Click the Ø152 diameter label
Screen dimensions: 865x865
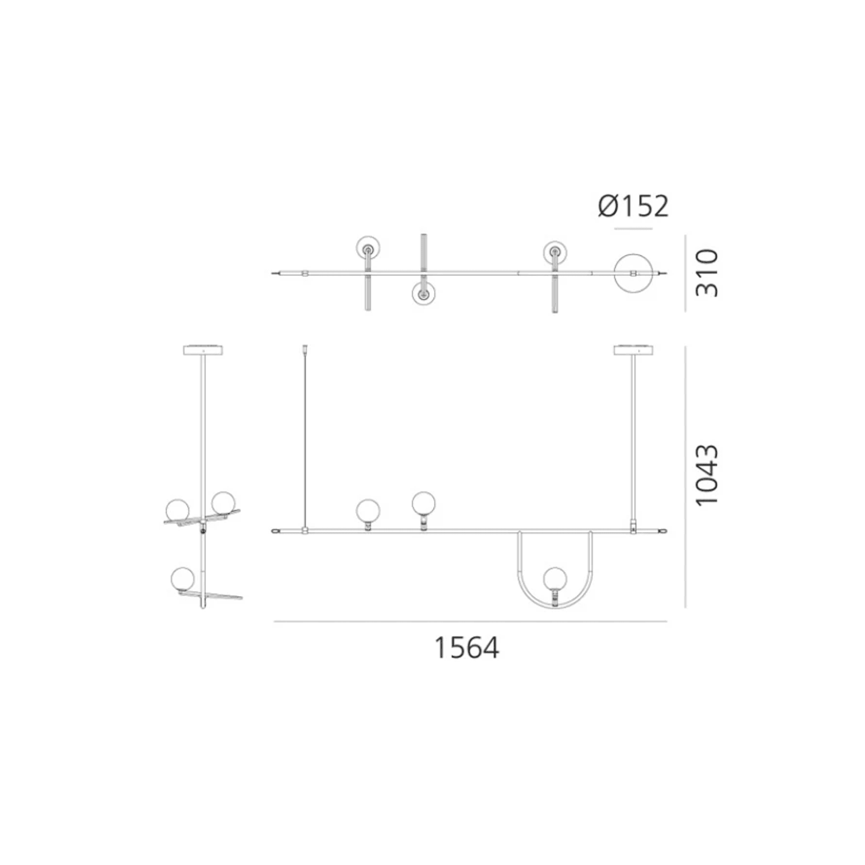coord(633,206)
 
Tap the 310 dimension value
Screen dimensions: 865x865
coord(707,273)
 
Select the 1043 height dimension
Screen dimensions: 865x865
coord(707,475)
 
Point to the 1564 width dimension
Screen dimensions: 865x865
coord(467,648)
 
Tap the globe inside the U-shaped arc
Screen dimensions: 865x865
coord(555,579)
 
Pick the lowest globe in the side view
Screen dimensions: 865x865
coord(183,579)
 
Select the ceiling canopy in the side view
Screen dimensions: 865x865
coord(203,350)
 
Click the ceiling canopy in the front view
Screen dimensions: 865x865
coord(633,350)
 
